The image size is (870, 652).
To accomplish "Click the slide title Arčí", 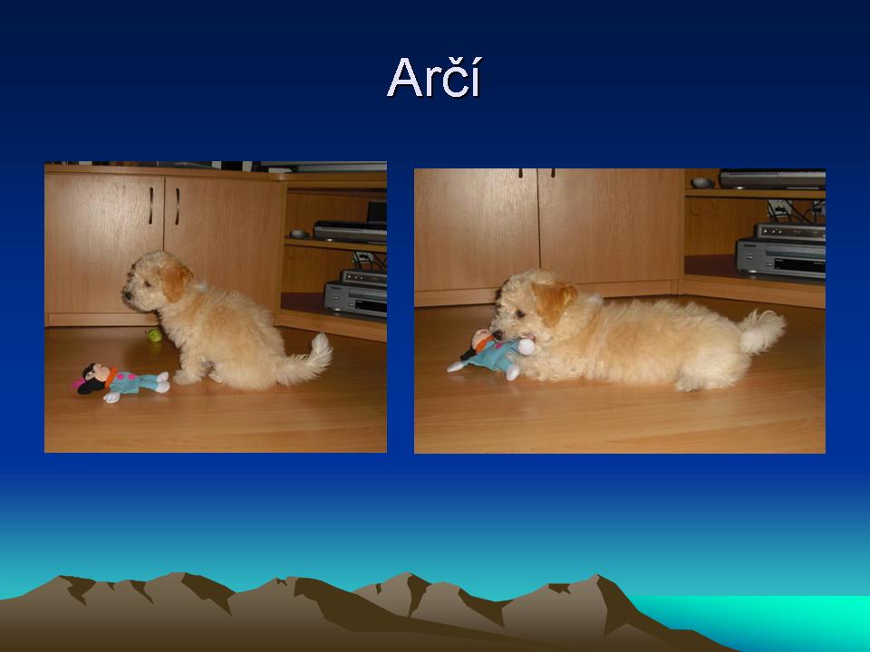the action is [434, 78].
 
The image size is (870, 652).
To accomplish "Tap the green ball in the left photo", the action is [154, 335].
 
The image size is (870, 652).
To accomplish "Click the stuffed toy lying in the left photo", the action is [121, 381].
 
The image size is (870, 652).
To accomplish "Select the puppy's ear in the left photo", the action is [174, 281].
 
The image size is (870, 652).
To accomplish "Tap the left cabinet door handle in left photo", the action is [150, 206].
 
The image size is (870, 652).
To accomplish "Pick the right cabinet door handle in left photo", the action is [177, 206].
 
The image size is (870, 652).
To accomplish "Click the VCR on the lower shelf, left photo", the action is [355, 293].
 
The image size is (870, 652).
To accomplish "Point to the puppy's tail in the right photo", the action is [761, 331].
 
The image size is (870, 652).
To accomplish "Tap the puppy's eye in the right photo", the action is [520, 314].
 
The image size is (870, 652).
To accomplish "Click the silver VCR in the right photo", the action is [781, 251].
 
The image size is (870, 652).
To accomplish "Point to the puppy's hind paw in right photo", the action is [689, 384].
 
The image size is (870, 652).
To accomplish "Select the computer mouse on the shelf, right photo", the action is [702, 182].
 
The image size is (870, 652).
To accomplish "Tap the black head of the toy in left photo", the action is [92, 379].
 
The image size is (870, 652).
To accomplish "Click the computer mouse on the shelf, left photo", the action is [299, 234].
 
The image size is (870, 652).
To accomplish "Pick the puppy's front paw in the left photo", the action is [185, 379].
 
